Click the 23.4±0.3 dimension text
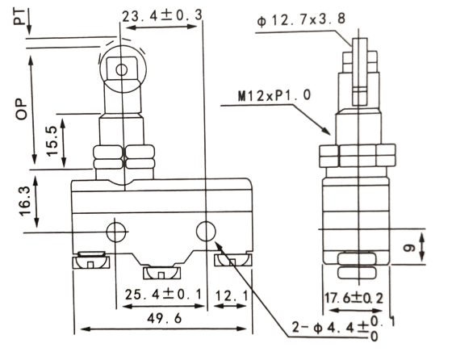coord(162,16)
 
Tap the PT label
coord(19,16)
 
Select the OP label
coord(21,109)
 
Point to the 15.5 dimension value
coord(52,141)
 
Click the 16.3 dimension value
coord(25,201)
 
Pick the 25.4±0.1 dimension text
coord(163,295)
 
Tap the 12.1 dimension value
coord(231,295)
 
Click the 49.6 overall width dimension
coord(165,318)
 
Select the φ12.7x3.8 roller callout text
coord(301,19)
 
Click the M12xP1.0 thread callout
coord(274,95)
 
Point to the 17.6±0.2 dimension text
coord(354,299)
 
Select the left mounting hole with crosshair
coord(116,232)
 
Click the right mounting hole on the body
coord(206,232)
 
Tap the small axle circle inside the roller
coord(121,69)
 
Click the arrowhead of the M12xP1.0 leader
coord(326,131)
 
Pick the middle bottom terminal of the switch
coord(161,273)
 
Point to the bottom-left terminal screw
coord(90,260)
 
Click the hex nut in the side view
coord(357,156)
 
